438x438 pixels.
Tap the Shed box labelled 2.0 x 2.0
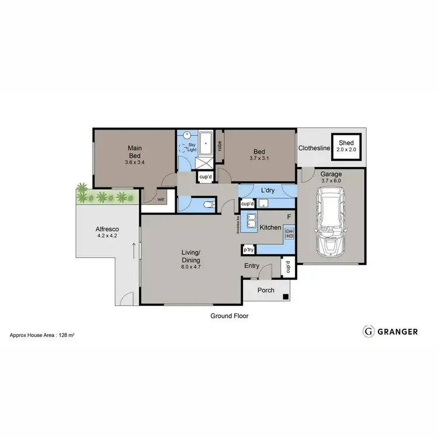coord(347,145)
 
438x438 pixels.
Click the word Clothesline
coord(314,148)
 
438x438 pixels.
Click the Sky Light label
coord(191,147)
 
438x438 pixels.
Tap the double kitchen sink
coord(251,221)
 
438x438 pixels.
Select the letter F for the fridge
coord(288,217)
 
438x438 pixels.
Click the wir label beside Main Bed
coord(161,199)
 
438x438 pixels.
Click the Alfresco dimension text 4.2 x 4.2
coord(107,236)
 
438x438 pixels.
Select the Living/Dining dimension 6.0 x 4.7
coord(190,267)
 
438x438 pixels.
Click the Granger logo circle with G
coord(369,331)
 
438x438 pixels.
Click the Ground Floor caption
coord(230,315)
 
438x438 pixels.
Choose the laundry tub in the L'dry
coord(263,204)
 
